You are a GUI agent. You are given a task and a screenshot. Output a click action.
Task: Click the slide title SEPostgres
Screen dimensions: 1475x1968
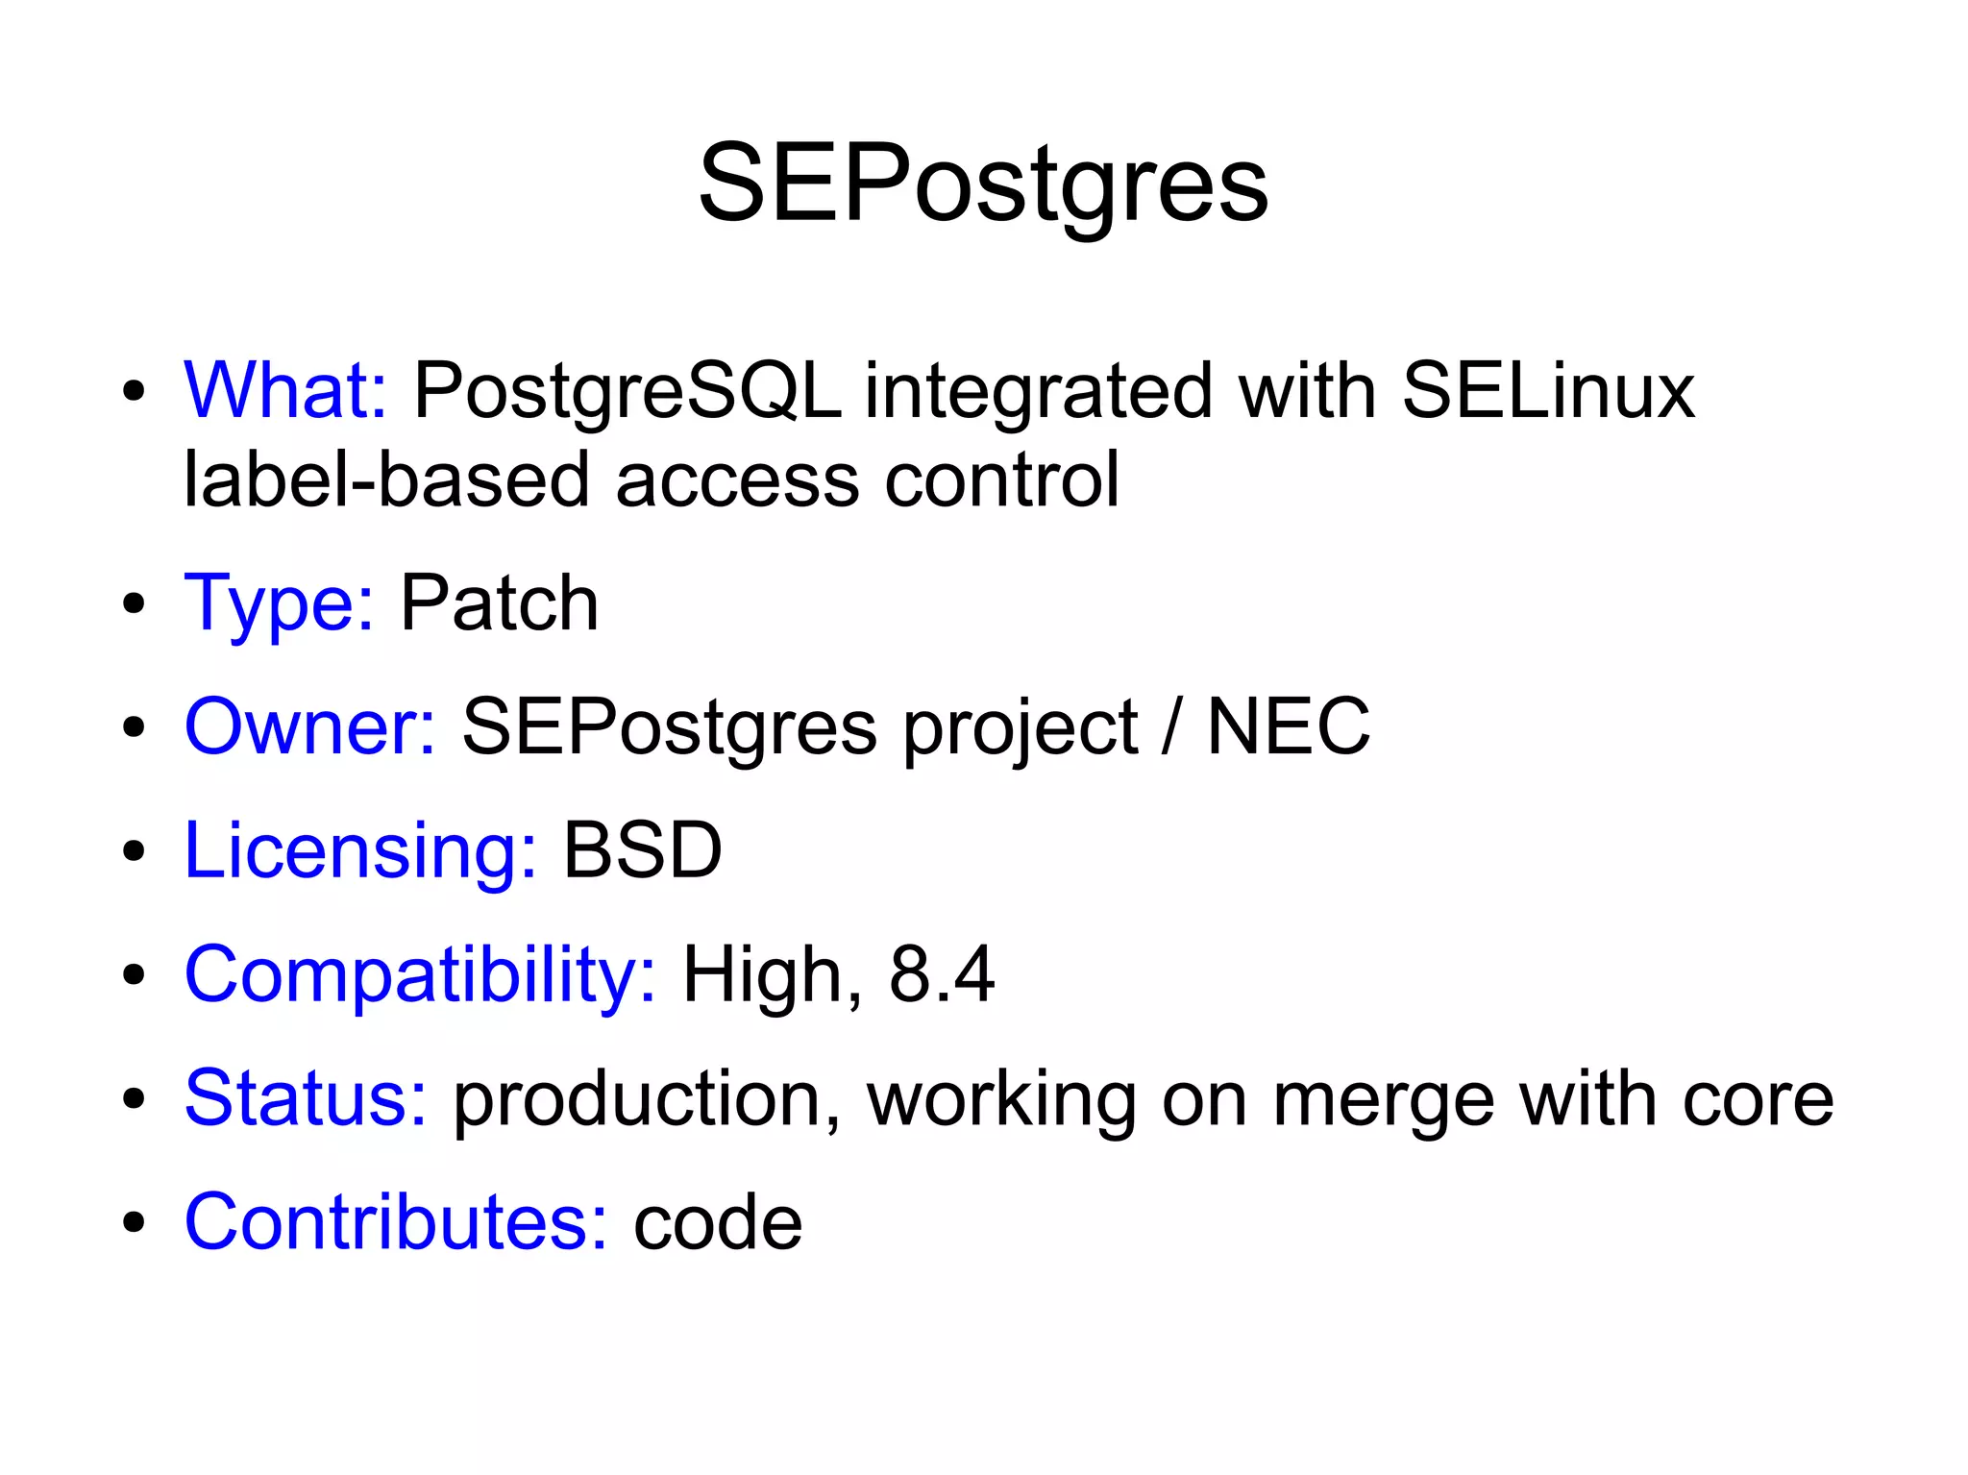(x=983, y=183)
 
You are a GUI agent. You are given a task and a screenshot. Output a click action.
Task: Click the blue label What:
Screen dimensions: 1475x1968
(x=285, y=390)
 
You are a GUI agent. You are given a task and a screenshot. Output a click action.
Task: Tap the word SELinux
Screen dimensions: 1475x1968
(x=1548, y=390)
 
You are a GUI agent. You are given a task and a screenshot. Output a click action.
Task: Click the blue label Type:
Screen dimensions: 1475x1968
(x=279, y=603)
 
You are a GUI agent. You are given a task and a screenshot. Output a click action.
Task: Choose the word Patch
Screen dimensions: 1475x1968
(x=499, y=602)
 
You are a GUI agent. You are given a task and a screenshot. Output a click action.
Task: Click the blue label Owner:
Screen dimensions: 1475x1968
(x=310, y=726)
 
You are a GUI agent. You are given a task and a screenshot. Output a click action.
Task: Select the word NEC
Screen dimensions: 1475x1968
(x=1288, y=726)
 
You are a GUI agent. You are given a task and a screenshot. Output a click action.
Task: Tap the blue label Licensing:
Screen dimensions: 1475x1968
(x=360, y=850)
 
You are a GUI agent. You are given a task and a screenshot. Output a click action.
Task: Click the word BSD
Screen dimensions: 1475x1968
(x=642, y=850)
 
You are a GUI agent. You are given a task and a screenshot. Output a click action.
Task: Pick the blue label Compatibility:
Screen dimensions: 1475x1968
(x=420, y=974)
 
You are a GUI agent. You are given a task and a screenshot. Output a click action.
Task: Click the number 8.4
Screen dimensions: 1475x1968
(x=942, y=974)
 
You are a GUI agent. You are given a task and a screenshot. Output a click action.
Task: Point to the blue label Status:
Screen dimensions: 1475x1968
(x=306, y=1097)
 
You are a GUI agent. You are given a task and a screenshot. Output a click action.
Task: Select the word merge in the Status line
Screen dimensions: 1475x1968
(x=1384, y=1099)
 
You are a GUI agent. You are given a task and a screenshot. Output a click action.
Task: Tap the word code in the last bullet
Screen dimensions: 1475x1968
(x=718, y=1222)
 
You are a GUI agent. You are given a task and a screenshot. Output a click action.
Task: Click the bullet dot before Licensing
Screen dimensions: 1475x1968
(x=134, y=851)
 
